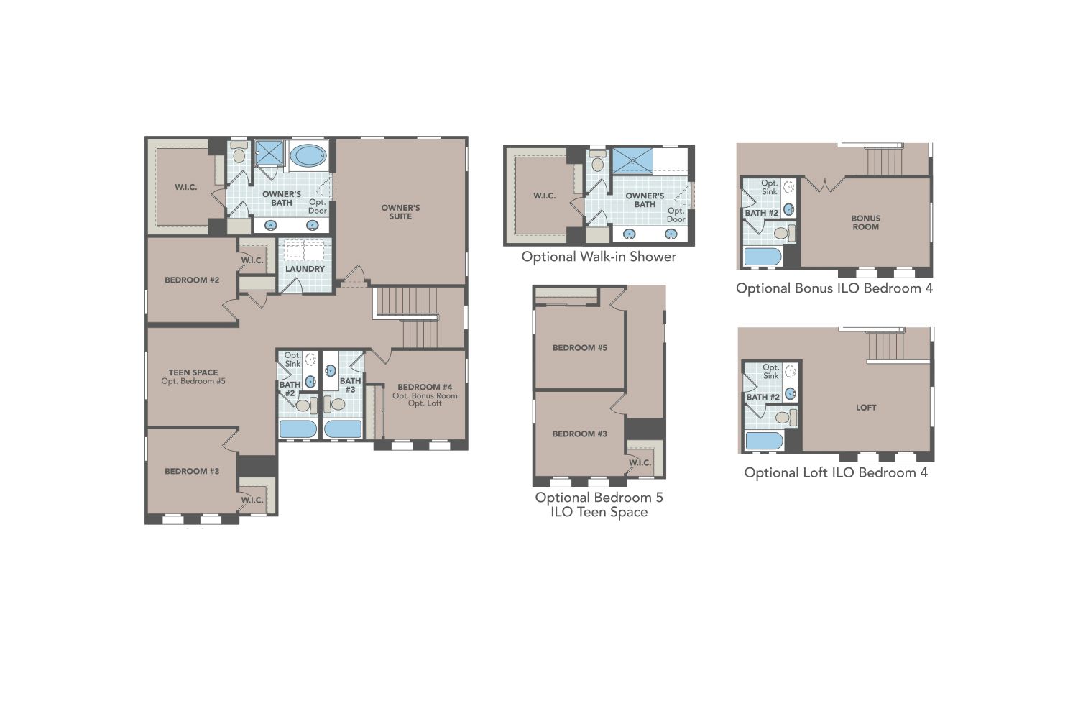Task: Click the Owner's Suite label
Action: point(400,212)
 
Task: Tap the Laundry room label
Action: point(305,269)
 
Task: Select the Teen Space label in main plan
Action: point(193,372)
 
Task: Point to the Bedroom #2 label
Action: point(192,280)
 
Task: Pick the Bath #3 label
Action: point(350,385)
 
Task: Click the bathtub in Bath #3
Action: point(343,429)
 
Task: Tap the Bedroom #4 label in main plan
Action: point(425,387)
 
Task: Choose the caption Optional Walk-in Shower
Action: point(599,257)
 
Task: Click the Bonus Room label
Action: point(866,222)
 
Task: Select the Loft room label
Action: point(866,408)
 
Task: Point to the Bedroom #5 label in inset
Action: point(579,348)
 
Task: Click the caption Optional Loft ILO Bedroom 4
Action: point(835,472)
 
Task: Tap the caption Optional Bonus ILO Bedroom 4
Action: point(834,288)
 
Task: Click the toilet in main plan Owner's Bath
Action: point(239,152)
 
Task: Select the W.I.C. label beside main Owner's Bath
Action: point(185,187)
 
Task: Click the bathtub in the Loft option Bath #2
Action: point(764,441)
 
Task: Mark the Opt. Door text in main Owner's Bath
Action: point(318,206)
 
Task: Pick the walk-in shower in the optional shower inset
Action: point(633,161)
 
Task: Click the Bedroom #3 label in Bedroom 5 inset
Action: point(579,434)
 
